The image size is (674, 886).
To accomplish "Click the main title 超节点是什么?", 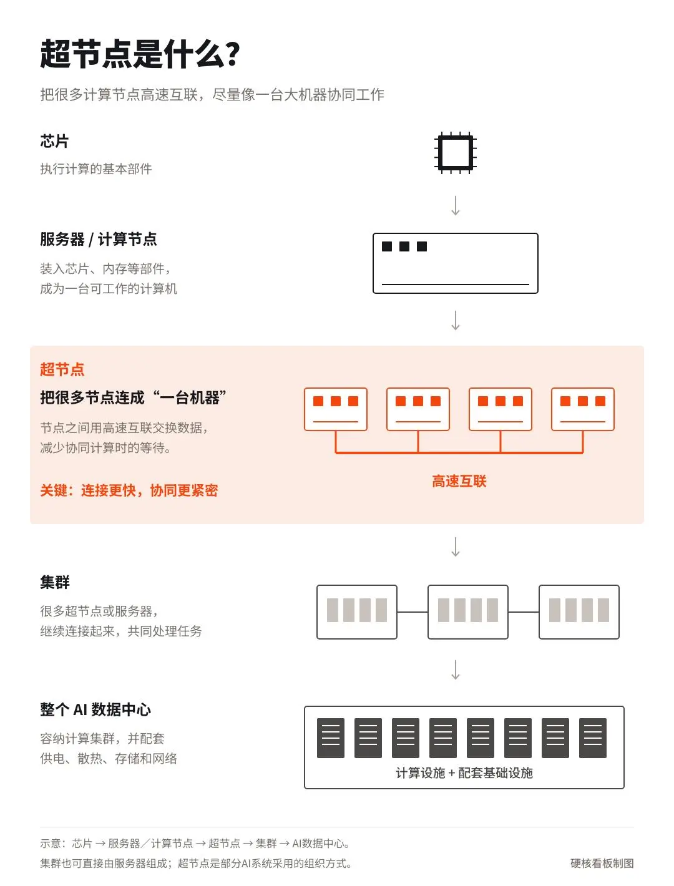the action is tap(140, 54).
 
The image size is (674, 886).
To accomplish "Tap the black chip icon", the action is tap(455, 153).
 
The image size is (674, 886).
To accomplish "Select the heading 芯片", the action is tap(54, 141).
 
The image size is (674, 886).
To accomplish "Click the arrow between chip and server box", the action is tap(455, 205).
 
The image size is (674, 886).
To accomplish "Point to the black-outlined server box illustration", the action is tap(455, 263).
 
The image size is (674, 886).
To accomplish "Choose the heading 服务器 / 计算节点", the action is tap(99, 239).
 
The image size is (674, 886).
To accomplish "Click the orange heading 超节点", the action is tap(62, 369).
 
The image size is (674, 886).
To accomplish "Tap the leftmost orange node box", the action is tap(335, 409).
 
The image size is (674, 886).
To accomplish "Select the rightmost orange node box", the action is tap(582, 409).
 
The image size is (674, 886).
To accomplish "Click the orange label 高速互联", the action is tap(459, 480).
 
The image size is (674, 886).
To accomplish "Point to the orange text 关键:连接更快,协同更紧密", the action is tap(129, 490).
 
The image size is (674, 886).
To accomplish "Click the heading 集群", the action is tap(55, 582).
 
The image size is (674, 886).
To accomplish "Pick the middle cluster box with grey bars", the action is tap(468, 611).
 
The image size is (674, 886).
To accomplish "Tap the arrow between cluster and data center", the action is tap(455, 669).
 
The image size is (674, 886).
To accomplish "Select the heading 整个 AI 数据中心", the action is tap(95, 709).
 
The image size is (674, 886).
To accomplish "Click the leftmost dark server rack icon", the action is tap(331, 738).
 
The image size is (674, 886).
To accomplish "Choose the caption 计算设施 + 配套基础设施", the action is tap(464, 772).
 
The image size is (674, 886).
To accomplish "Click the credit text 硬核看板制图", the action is tap(602, 863).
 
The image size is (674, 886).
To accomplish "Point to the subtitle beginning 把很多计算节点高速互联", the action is tap(212, 94).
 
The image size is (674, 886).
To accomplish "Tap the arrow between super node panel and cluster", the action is tap(455, 547).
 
